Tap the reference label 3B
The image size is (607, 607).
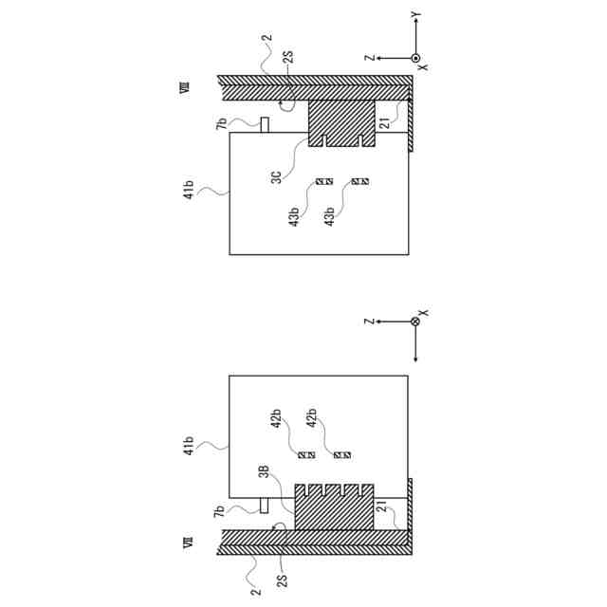tap(277, 474)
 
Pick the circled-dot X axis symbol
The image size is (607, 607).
tap(415, 58)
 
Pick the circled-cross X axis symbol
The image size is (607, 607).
tap(415, 322)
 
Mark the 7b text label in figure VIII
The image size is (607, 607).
tap(221, 124)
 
